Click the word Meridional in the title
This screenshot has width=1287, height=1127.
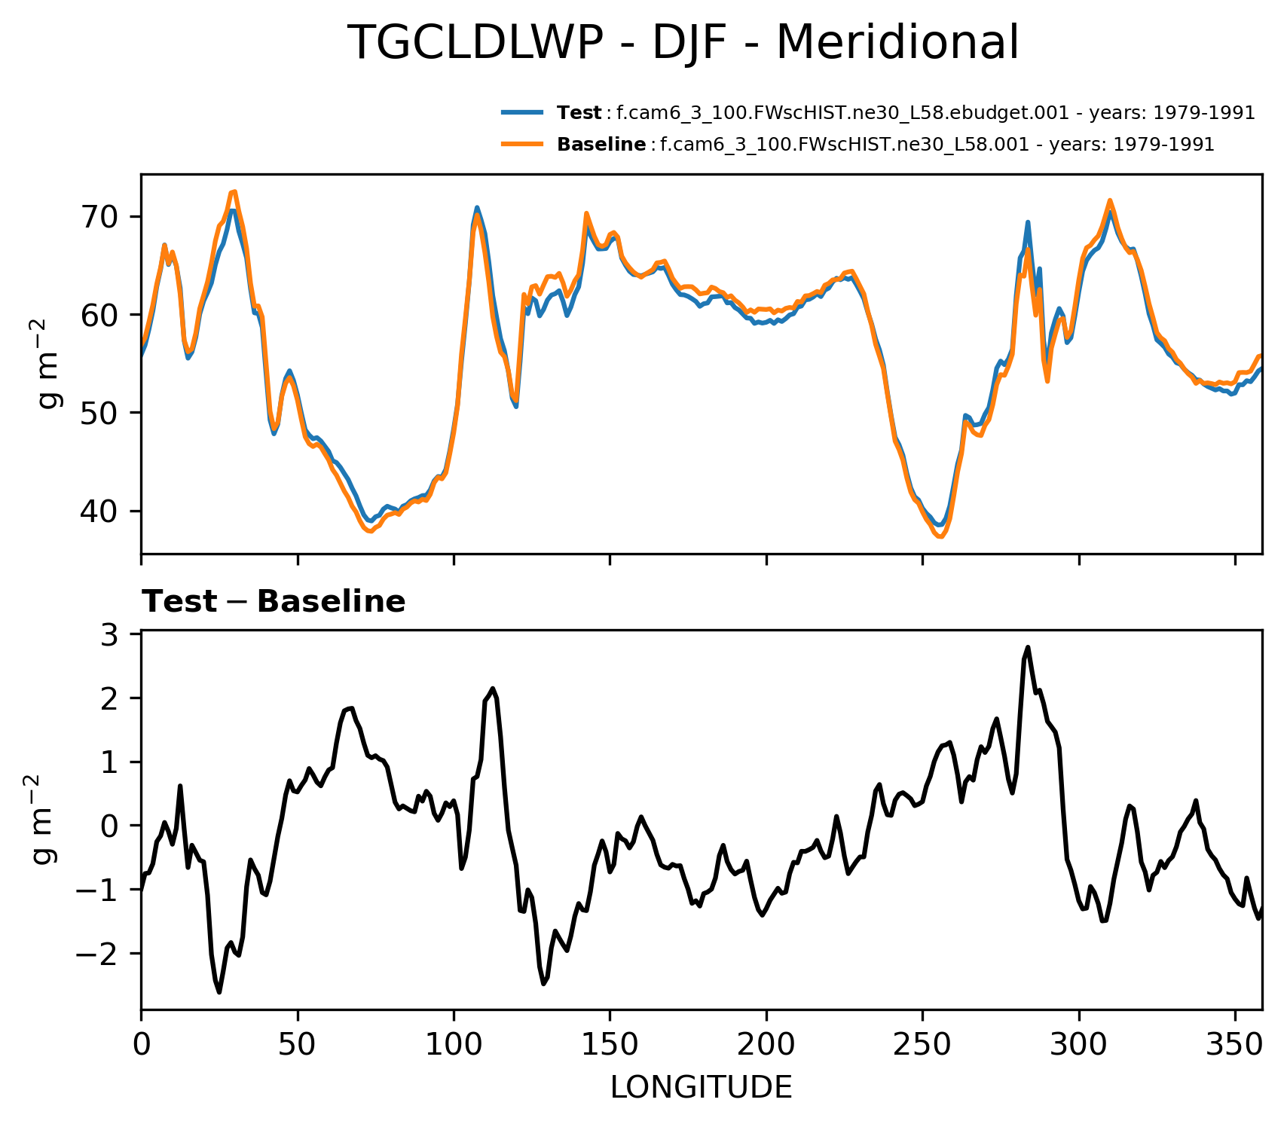pyautogui.click(x=897, y=43)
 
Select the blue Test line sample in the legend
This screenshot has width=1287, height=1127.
pyautogui.click(x=522, y=113)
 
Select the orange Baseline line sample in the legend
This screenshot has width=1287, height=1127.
pyautogui.click(x=522, y=144)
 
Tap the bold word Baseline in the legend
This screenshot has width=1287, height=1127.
pyautogui.click(x=601, y=145)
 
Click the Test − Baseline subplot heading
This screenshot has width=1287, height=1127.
pyautogui.click(x=274, y=602)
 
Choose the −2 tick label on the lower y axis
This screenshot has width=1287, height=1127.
pyautogui.click(x=103, y=954)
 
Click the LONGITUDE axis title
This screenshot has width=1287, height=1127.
pyautogui.click(x=701, y=1088)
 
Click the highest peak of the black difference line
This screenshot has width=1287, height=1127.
pyautogui.click(x=1027, y=647)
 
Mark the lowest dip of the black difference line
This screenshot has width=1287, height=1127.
pyautogui.click(x=219, y=992)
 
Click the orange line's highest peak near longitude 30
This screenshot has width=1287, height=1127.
pyautogui.click(x=234, y=191)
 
